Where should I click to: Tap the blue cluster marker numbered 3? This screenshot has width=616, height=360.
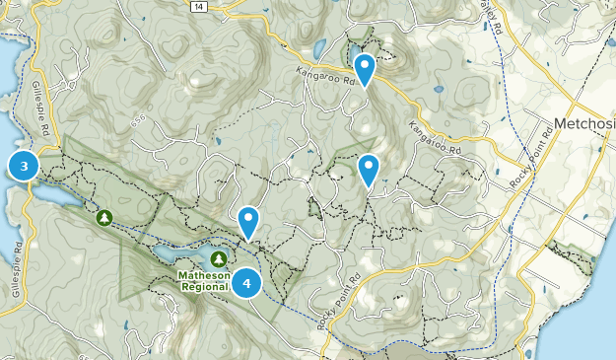tap(24, 166)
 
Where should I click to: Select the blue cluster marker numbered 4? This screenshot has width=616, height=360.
tap(246, 284)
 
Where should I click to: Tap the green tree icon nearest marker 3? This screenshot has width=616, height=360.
tap(103, 216)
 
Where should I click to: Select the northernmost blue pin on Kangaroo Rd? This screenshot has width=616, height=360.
tap(365, 69)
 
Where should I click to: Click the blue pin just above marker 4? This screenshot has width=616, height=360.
tap(249, 221)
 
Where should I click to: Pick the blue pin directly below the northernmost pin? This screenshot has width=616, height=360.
tap(369, 169)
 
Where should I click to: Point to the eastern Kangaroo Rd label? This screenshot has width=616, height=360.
tap(435, 141)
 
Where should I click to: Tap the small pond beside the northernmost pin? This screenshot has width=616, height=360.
tap(354, 50)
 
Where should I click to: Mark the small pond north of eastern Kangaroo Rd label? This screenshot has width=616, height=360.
tap(441, 90)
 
